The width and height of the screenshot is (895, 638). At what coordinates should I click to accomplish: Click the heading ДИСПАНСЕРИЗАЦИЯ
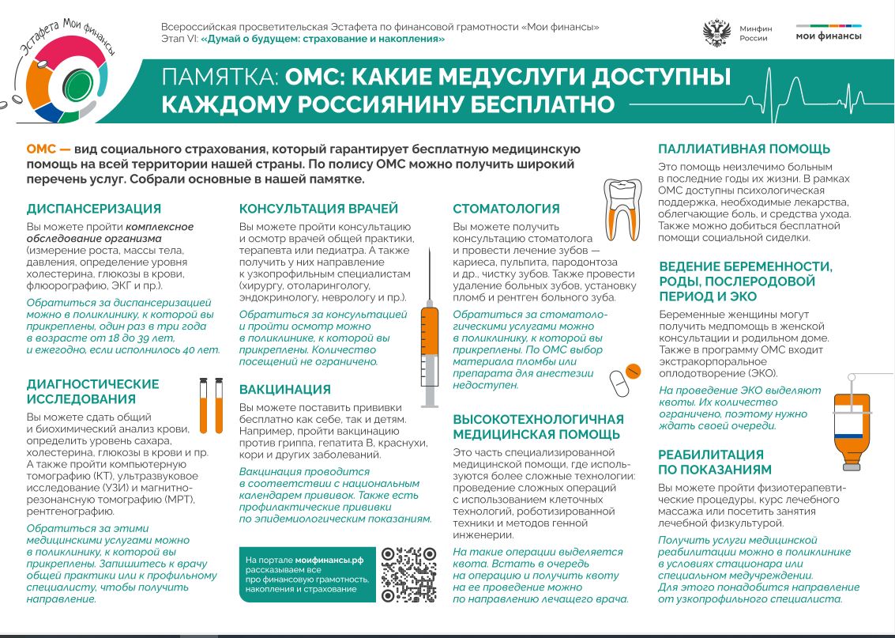click(93, 209)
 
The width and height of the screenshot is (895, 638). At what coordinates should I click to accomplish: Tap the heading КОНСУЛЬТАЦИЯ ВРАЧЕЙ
click(318, 209)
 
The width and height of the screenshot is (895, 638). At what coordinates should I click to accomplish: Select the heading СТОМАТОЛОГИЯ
click(506, 209)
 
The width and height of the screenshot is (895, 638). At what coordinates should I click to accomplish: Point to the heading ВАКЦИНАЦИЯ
click(284, 389)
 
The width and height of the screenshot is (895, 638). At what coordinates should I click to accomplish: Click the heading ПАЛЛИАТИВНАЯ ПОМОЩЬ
click(744, 149)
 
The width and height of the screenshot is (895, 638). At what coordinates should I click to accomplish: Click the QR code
click(408, 574)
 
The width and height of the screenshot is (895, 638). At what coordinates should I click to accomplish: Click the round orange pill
click(632, 371)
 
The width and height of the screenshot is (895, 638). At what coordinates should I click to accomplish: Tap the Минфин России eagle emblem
click(716, 34)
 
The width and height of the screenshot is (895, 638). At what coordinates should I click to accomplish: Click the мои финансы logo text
click(829, 36)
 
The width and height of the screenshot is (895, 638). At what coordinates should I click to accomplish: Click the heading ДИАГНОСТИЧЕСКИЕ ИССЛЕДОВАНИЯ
click(92, 391)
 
